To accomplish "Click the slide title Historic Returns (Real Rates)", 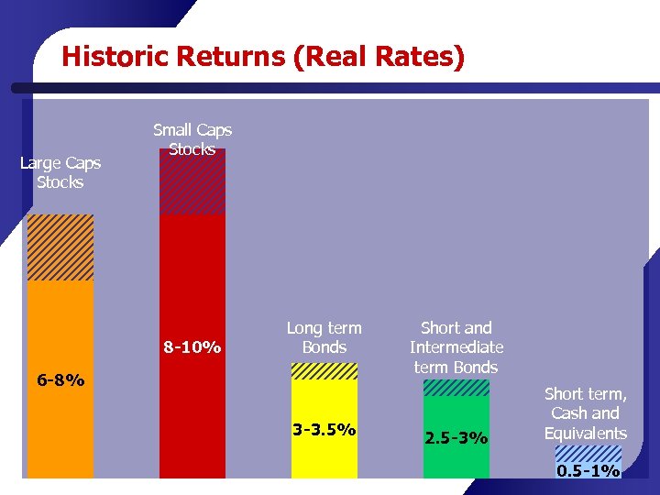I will point(263,57).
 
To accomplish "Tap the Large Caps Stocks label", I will point(60,172).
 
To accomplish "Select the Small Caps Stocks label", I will point(192,139).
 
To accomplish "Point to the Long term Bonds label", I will point(324,337).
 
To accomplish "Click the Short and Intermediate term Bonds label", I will point(456,347).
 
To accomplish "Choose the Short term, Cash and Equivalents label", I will point(586,413).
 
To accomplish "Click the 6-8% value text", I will point(60,379).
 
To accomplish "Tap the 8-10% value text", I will point(192,347).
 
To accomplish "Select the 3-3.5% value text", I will point(324,429).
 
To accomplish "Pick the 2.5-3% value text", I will point(456,438).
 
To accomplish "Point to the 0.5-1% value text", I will point(588,471).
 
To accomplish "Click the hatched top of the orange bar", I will point(60,247).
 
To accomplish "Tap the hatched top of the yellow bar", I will point(324,371).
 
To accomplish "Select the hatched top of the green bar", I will point(456,388).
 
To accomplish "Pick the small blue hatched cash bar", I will point(588,456).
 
